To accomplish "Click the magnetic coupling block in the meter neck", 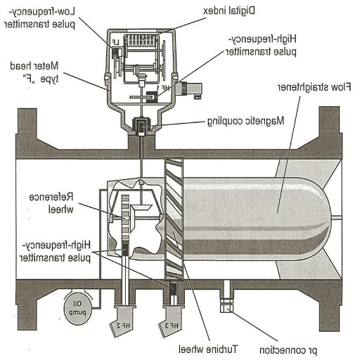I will point(141,127).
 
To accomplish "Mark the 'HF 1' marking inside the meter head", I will point(164,89).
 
